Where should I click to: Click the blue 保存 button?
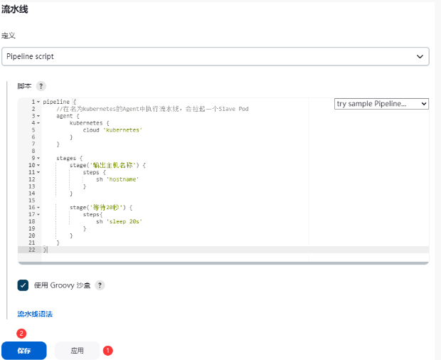(x=24, y=351)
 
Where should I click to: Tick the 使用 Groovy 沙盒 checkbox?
(x=23, y=285)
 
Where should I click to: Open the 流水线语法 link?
(x=35, y=314)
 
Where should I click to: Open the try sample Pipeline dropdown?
(x=381, y=104)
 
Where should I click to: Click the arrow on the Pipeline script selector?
(x=420, y=56)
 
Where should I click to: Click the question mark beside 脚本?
(x=41, y=86)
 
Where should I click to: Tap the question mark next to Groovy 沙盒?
(x=100, y=285)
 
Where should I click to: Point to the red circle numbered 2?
(x=21, y=334)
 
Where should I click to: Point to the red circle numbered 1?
(x=107, y=351)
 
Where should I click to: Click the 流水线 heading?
(x=15, y=9)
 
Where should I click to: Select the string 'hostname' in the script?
(x=122, y=179)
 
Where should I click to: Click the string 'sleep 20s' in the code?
(x=124, y=222)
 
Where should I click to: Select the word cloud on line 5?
(x=91, y=130)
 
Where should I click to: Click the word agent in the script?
(x=65, y=116)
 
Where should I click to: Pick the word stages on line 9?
(x=66, y=159)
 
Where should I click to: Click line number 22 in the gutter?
(x=32, y=250)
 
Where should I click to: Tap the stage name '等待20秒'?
(x=106, y=208)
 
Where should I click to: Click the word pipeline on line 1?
(x=56, y=102)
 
